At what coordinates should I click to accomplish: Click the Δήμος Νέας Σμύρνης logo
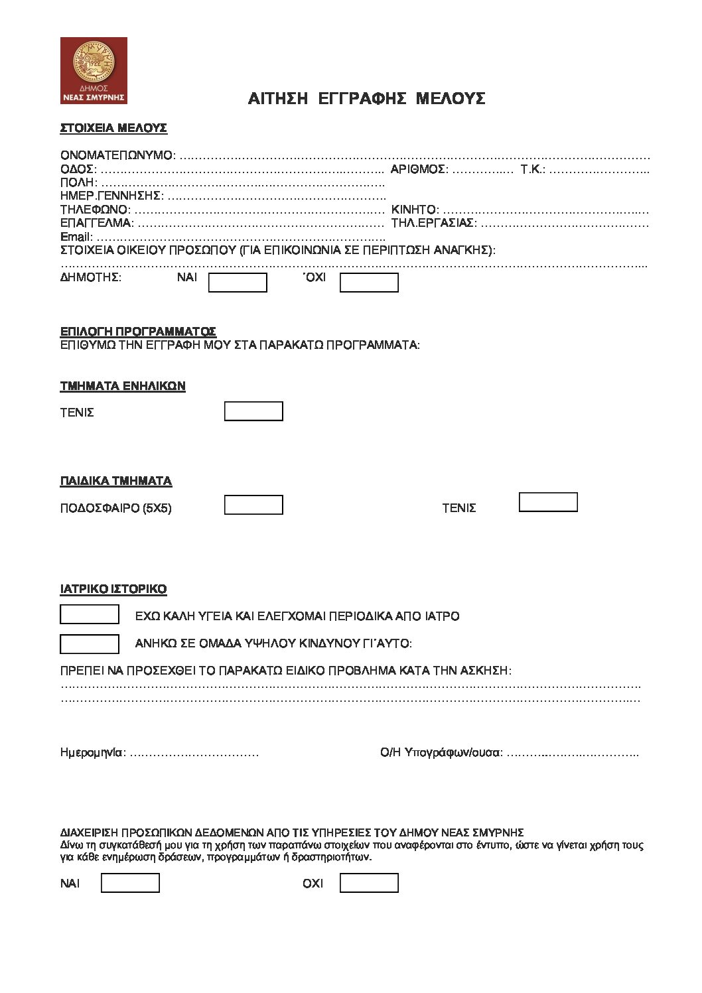(94, 70)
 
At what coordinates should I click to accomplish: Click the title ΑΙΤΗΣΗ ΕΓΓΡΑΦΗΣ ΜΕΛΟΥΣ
(366, 99)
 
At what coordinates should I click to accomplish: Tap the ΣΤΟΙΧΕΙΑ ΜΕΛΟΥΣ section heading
(113, 128)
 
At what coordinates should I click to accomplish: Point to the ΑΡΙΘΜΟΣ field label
(419, 169)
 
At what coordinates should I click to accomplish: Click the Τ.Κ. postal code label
(533, 169)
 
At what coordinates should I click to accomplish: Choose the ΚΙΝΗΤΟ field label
(415, 210)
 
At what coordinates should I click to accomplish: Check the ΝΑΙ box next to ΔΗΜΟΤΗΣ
(238, 283)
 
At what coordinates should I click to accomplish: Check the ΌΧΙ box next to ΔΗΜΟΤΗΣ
(369, 283)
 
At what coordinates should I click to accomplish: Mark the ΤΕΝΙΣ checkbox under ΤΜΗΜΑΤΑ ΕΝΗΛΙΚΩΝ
(253, 411)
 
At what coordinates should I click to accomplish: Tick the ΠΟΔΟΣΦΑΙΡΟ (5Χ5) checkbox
(253, 505)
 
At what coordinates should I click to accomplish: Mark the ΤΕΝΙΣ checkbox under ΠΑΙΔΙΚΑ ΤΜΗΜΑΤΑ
(548, 502)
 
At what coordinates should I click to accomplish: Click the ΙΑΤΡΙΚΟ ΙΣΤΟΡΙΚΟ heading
(113, 589)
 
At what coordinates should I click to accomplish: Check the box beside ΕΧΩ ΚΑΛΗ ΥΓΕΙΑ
(90, 614)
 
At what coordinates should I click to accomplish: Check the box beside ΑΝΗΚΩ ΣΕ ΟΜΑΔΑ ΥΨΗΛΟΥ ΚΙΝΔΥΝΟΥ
(90, 644)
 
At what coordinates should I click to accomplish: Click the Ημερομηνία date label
(92, 753)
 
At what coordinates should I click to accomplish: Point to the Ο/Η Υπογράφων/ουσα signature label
(441, 753)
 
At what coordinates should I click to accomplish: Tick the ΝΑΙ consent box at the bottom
(130, 883)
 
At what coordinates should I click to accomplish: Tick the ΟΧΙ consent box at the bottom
(369, 883)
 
